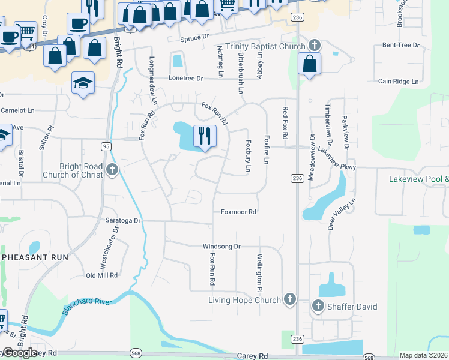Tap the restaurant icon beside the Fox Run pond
coord(205,136)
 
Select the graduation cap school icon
coord(83,83)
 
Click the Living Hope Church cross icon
coord(289,299)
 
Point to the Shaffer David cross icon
coord(318,307)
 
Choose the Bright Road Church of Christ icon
coord(112,170)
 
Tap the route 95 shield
coord(106,146)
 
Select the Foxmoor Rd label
coord(238,212)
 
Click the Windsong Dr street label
coord(221,247)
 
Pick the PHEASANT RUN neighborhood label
coord(35,257)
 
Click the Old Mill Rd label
coord(102,275)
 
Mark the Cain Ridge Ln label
coord(398,81)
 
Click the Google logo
coord(20,353)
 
